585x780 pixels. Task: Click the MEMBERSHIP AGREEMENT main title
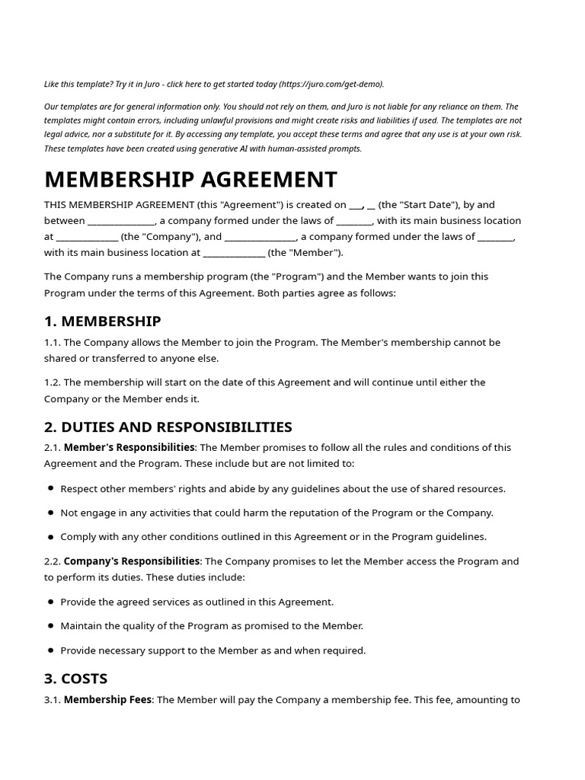(190, 180)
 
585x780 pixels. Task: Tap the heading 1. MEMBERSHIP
(102, 321)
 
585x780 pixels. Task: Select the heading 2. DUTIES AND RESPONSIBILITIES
(168, 427)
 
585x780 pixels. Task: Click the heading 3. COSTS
(75, 678)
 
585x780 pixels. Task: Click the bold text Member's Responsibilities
(129, 447)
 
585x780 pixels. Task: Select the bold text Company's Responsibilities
(132, 561)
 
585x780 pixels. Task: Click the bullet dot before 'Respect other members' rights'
(50, 488)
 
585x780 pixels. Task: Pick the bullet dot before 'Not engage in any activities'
(50, 513)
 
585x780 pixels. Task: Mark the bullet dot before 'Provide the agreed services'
(50, 602)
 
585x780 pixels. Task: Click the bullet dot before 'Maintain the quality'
(50, 626)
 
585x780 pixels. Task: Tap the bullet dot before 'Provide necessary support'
(50, 651)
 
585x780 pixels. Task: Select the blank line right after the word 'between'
(122, 222)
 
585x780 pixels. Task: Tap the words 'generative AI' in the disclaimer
(238, 149)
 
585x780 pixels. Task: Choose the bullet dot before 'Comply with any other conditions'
(50, 537)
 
